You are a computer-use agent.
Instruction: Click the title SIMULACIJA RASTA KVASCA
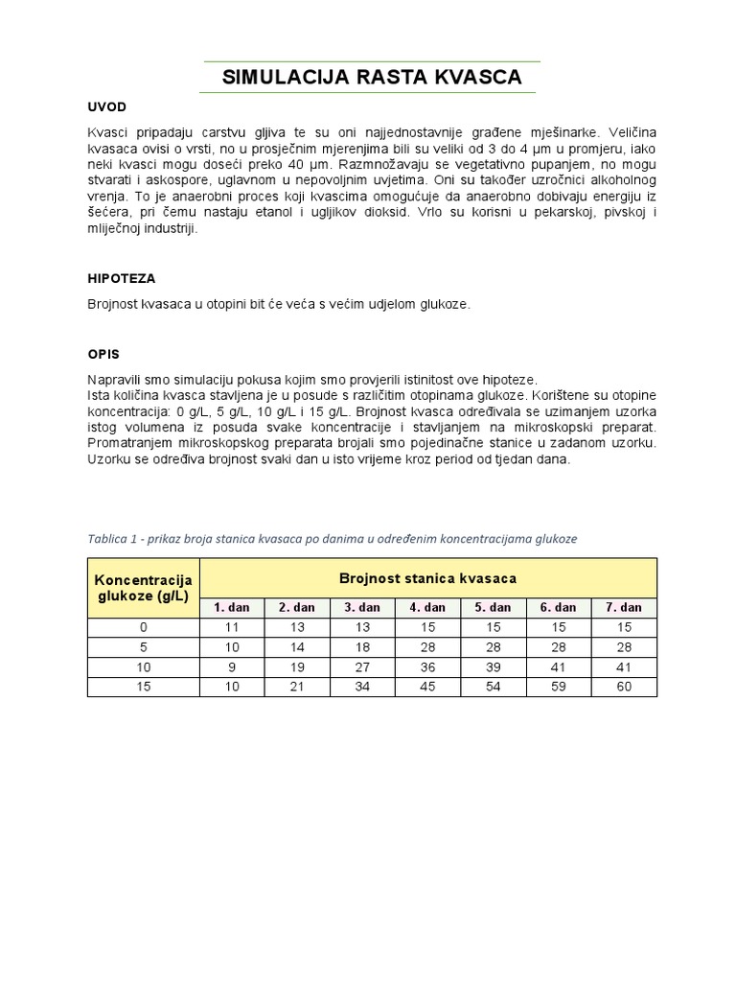(372, 78)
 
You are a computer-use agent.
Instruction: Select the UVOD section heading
(107, 106)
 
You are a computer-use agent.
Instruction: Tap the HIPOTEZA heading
(121, 278)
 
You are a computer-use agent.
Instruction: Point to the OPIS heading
(103, 354)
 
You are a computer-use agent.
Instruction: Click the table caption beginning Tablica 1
(332, 539)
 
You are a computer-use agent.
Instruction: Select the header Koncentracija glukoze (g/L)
(144, 588)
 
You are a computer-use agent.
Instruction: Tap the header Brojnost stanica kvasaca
(427, 578)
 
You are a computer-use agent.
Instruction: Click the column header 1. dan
(231, 607)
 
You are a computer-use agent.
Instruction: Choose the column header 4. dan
(427, 607)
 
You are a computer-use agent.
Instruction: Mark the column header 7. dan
(624, 607)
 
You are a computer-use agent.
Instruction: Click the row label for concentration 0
(144, 627)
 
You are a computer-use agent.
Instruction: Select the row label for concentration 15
(144, 686)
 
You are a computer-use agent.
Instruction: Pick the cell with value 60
(624, 686)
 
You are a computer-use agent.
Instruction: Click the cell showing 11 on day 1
(231, 627)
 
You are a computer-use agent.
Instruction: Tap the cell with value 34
(362, 686)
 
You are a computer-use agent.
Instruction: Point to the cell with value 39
(493, 666)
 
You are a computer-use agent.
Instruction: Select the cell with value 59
(558, 686)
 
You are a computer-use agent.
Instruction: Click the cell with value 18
(362, 647)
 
